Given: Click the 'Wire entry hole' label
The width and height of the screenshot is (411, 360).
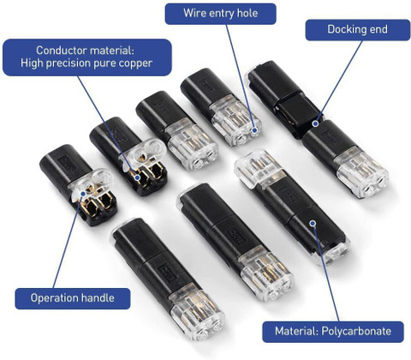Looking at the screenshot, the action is pyautogui.click(x=221, y=14).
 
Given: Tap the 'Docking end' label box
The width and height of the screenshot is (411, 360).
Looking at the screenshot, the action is pyautogui.click(x=358, y=30).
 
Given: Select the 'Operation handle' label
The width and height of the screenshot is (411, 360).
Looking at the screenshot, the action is pyautogui.click(x=73, y=298).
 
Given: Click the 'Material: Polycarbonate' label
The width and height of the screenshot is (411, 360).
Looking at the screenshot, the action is pyautogui.click(x=333, y=332).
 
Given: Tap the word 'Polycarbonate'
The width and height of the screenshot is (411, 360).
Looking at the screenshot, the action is pyautogui.click(x=356, y=332).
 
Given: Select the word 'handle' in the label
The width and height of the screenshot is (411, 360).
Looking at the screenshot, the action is pyautogui.click(x=98, y=298).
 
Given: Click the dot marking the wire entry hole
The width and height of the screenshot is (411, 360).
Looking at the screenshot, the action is pyautogui.click(x=255, y=130).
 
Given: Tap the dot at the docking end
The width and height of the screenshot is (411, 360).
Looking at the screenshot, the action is pyautogui.click(x=315, y=123).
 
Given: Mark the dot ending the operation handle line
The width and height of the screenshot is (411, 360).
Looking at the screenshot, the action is pyautogui.click(x=83, y=194).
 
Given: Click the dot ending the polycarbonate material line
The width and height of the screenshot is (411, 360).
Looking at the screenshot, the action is pyautogui.click(x=313, y=223).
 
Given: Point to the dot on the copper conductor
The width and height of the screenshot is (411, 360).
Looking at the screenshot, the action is pyautogui.click(x=138, y=177).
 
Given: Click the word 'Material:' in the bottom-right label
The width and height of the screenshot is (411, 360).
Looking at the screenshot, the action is pyautogui.click(x=296, y=332).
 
